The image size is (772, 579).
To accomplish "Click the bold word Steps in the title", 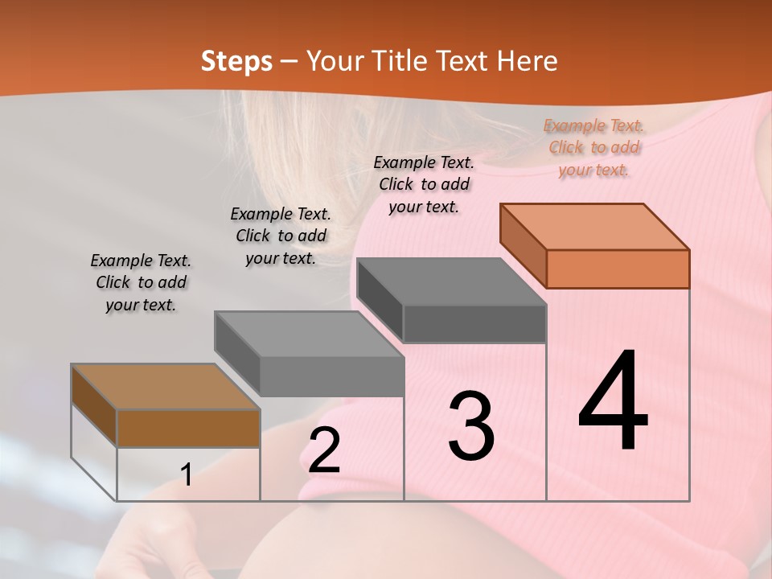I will pyautogui.click(x=236, y=61).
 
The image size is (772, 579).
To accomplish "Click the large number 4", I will pyautogui.click(x=613, y=402).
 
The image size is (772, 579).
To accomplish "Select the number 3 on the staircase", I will pyautogui.click(x=471, y=426).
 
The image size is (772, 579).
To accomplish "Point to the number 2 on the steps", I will pyautogui.click(x=324, y=450).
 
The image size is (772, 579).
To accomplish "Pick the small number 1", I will pyautogui.click(x=187, y=475).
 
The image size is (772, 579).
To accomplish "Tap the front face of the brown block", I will pyautogui.click(x=188, y=428).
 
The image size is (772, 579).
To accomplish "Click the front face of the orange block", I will pyautogui.click(x=618, y=269).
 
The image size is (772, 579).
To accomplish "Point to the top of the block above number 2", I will pyautogui.click(x=308, y=334).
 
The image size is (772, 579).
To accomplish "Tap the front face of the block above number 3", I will pyautogui.click(x=474, y=323).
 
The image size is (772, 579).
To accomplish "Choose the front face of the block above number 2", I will pyautogui.click(x=331, y=376).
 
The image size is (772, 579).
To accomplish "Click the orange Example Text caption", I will pyautogui.click(x=593, y=147).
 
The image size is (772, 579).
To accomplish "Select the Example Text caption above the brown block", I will pyautogui.click(x=141, y=282).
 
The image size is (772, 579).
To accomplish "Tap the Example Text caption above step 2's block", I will pyautogui.click(x=281, y=236).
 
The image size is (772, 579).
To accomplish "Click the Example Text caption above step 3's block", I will pyautogui.click(x=424, y=184).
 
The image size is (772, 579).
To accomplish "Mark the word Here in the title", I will pyautogui.click(x=529, y=61).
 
